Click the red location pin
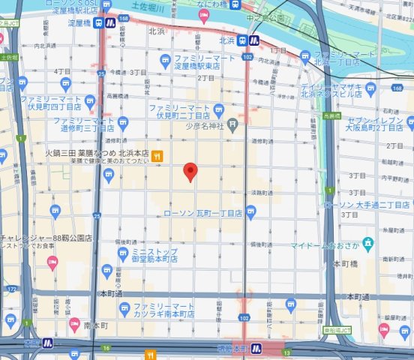tap(190, 172)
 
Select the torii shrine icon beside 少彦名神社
tap(233, 124)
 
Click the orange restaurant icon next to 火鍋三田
tap(157, 156)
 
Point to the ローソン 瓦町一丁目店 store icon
tap(250, 213)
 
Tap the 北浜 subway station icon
tap(255, 40)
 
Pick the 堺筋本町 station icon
tap(255, 347)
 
